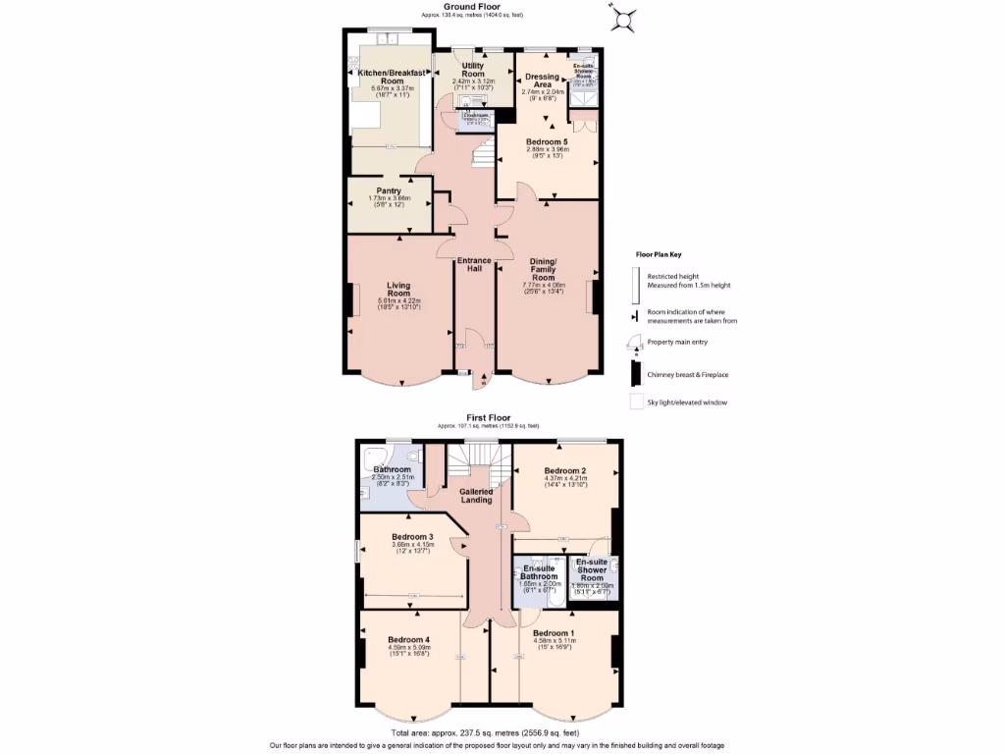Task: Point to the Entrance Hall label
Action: (474, 264)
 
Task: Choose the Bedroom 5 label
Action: (547, 142)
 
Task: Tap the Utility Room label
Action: (473, 69)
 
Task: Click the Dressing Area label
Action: (543, 81)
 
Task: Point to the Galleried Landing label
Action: (476, 495)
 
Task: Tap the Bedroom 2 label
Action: (565, 471)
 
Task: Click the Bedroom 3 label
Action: (412, 537)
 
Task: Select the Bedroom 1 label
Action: (554, 633)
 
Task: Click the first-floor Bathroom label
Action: (392, 469)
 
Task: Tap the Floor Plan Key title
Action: (659, 253)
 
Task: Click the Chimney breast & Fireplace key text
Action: (686, 374)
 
